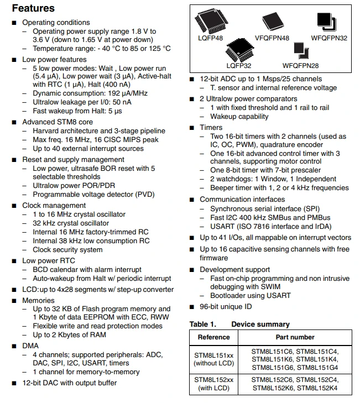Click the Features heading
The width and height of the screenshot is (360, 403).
pos(33,8)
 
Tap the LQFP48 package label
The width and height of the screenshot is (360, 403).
pos(210,38)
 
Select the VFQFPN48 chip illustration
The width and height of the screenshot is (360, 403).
pos(273,22)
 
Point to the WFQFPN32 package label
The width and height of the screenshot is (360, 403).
pos(329,38)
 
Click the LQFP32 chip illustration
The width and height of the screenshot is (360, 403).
pos(239,50)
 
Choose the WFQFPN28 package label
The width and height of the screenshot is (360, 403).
pos(300,66)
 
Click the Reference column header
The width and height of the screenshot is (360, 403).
pos(213,337)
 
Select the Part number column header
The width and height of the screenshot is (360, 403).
pos(295,337)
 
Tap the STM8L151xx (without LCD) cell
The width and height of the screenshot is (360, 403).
pos(213,359)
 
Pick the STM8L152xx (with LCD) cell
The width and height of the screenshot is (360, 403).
pos(213,384)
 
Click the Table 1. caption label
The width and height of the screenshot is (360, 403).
pos(203,325)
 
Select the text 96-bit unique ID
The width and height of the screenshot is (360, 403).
pos(226,307)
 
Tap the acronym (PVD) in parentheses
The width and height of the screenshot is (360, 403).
pos(145,195)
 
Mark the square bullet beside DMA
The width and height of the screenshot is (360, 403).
pos(14,346)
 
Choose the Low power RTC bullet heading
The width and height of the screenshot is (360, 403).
pos(49,260)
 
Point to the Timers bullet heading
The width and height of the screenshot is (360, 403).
pos(211,128)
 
